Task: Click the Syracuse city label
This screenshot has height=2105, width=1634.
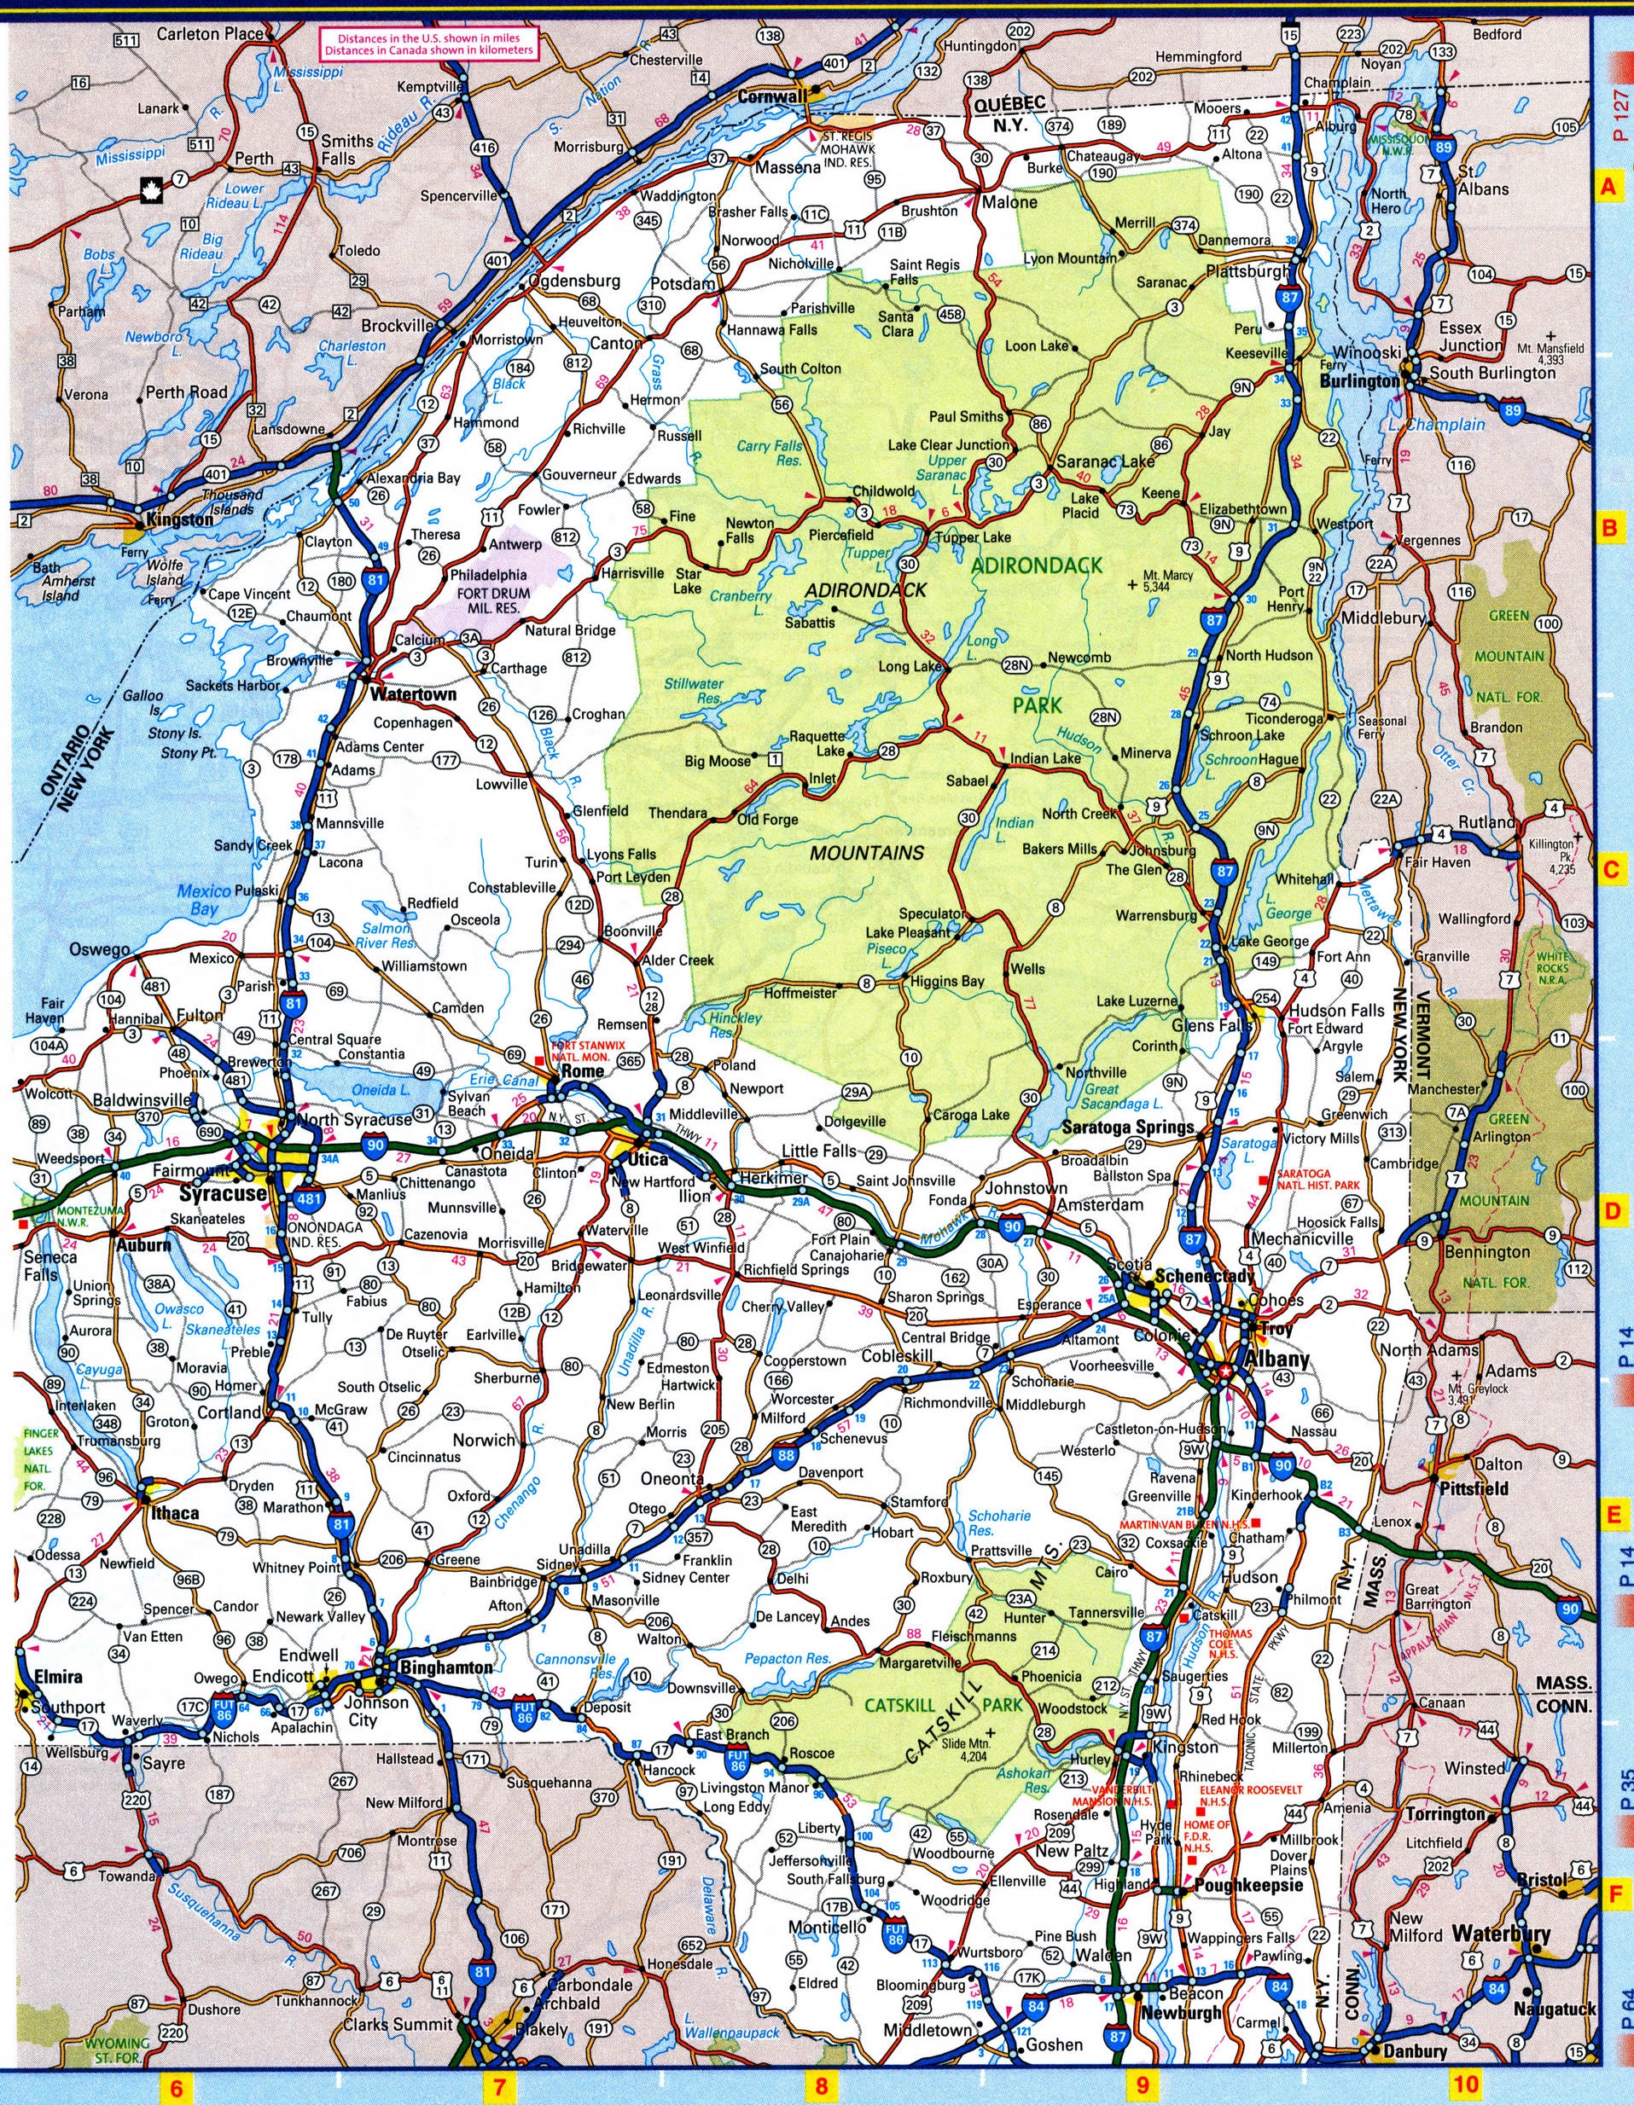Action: (222, 1193)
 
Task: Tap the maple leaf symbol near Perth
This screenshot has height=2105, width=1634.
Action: (151, 186)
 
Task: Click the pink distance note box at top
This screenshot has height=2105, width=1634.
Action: (429, 45)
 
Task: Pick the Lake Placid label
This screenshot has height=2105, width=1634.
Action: (1084, 505)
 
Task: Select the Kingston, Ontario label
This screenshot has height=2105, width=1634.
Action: (174, 519)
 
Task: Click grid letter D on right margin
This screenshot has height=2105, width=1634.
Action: (1609, 1211)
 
